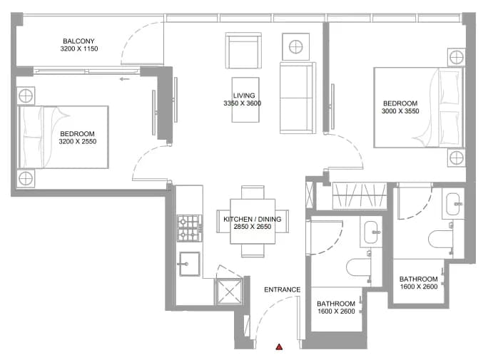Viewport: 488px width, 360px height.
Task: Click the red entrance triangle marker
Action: (279, 346)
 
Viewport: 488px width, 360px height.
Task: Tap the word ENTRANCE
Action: (283, 289)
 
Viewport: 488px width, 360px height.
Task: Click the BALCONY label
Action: (78, 41)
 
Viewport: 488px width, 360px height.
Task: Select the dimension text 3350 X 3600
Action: (242, 103)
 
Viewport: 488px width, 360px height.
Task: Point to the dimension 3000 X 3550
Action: (400, 111)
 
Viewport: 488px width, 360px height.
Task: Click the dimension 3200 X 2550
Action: (78, 141)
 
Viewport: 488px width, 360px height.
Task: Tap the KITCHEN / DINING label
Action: (253, 219)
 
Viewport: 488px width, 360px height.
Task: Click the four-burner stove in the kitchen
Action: (188, 229)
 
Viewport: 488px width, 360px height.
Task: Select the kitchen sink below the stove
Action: (190, 264)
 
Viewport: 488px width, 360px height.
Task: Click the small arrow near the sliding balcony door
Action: (124, 79)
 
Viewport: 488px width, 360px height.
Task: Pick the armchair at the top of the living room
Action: (243, 50)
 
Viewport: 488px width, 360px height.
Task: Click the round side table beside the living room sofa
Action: (295, 47)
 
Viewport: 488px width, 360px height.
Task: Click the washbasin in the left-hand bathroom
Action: (371, 232)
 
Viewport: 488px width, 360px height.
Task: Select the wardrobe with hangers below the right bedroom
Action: (360, 195)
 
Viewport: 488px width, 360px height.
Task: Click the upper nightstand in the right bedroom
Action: (457, 58)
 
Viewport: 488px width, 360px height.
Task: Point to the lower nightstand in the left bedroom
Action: (26, 178)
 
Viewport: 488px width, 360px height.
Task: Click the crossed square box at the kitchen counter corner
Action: (229, 292)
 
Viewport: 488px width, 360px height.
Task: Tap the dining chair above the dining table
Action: (253, 192)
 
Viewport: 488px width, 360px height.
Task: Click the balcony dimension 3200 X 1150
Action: (79, 48)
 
